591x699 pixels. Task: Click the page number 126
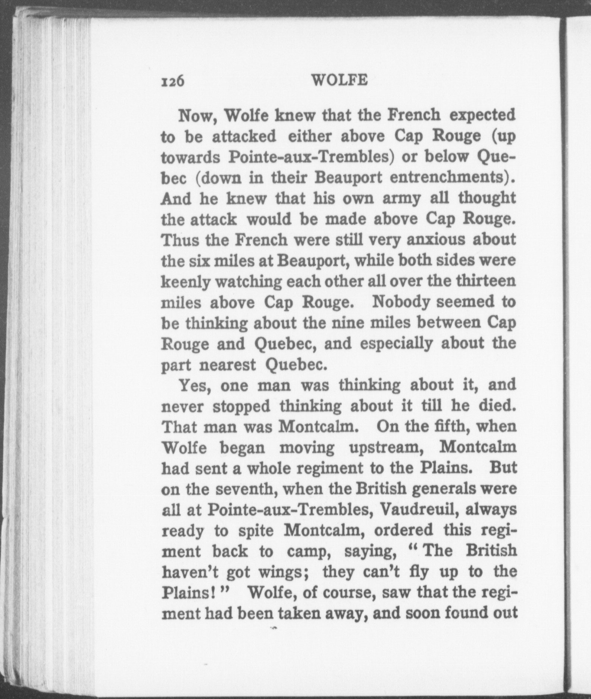[x=173, y=81]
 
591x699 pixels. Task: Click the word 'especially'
[x=396, y=344]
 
